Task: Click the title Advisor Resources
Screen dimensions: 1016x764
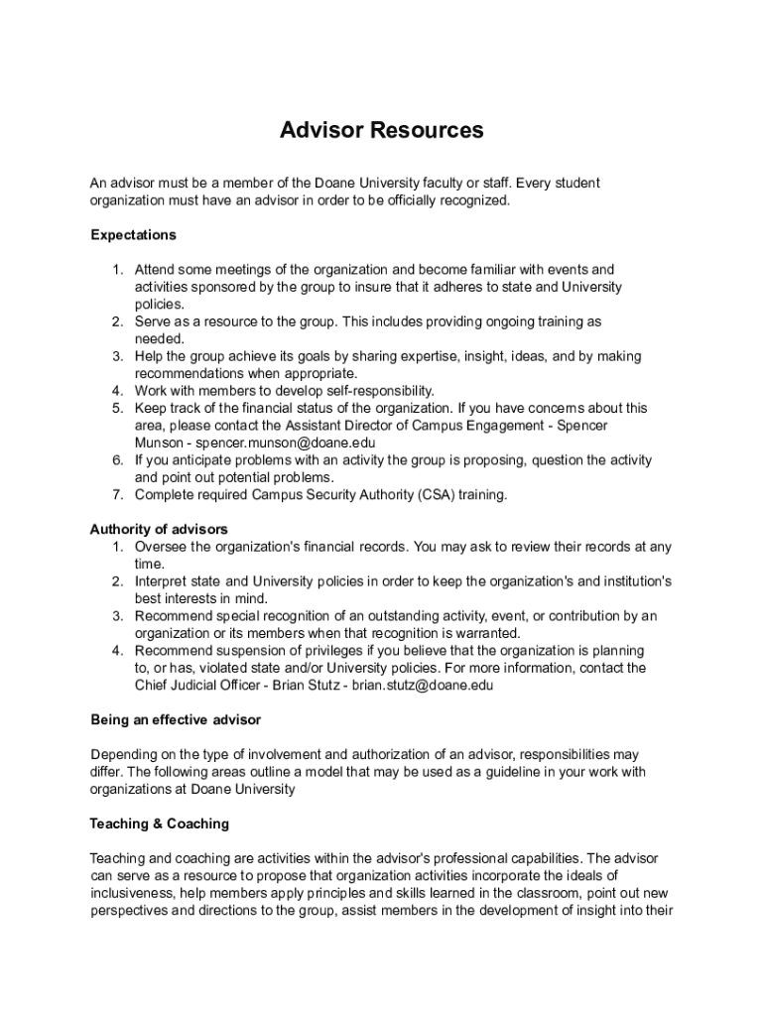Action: coord(381,130)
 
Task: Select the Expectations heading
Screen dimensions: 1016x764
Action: coord(133,235)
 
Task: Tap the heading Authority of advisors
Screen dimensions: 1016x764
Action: coord(159,529)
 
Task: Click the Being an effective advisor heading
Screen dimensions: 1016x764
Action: coord(176,718)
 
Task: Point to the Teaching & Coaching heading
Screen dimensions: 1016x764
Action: coord(159,824)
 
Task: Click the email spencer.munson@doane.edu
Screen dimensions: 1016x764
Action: coord(286,443)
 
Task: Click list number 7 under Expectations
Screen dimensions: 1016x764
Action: coord(116,494)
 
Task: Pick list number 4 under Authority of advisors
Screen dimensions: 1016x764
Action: coord(116,650)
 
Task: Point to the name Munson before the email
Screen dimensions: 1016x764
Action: coord(160,443)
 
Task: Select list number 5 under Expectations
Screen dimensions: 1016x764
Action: coord(116,408)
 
